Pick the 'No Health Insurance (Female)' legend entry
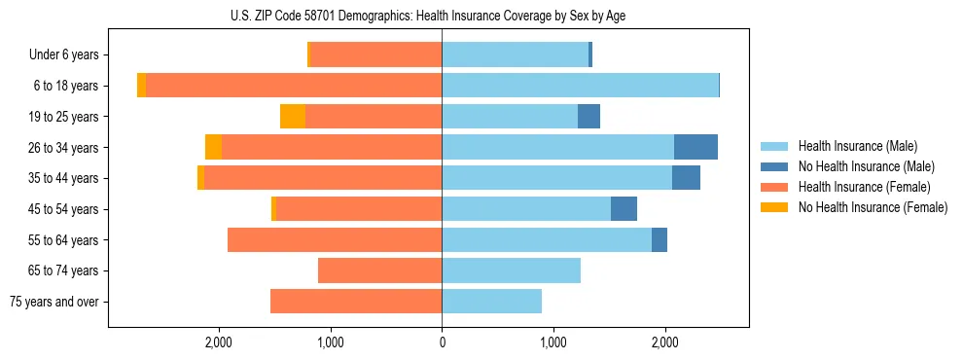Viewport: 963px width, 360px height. point(873,207)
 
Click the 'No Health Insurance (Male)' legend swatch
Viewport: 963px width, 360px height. point(775,166)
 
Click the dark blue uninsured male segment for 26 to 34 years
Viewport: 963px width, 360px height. point(695,147)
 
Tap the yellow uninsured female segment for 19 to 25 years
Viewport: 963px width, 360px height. point(293,117)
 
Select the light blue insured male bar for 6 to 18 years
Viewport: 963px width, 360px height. point(580,86)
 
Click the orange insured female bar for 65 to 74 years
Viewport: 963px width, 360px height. point(379,270)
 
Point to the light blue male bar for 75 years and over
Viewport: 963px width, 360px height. point(491,302)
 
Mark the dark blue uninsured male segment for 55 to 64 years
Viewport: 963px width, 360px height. point(660,239)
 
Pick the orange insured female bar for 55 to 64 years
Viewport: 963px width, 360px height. point(335,239)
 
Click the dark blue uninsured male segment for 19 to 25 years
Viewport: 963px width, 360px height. point(588,117)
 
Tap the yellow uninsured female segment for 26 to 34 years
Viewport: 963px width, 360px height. point(213,147)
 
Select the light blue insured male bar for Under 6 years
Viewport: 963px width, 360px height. point(515,55)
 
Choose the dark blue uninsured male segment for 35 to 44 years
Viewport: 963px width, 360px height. point(686,178)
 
